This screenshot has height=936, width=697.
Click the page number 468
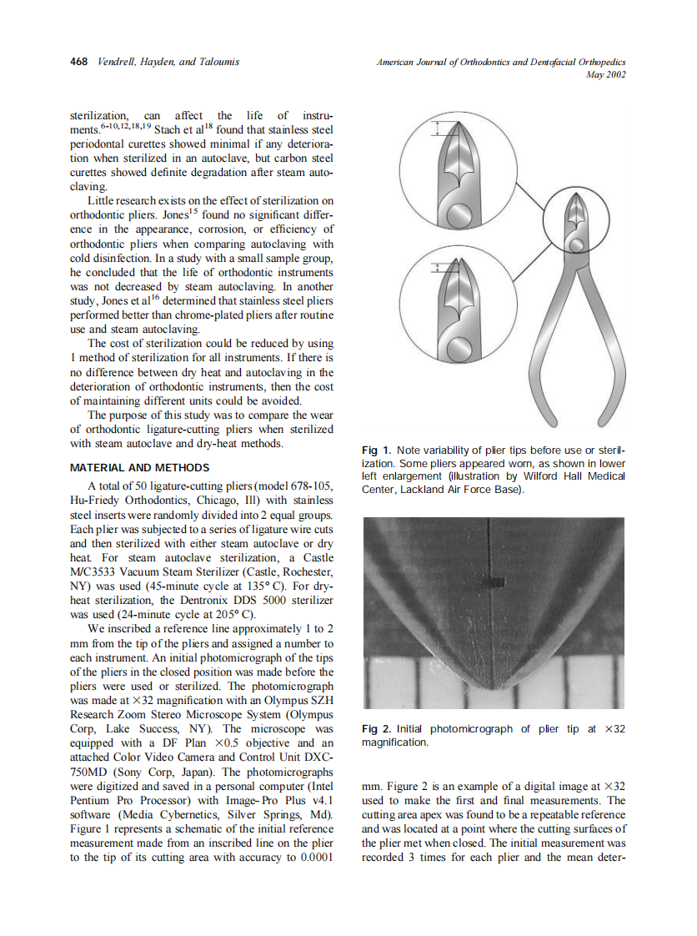pos(80,62)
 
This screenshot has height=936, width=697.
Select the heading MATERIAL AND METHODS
pos(140,467)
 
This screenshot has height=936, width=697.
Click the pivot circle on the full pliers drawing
pos(575,244)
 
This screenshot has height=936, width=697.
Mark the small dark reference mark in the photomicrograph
pos(493,582)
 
